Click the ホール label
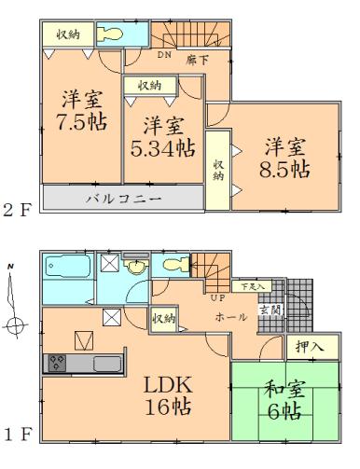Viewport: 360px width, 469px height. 231,318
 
